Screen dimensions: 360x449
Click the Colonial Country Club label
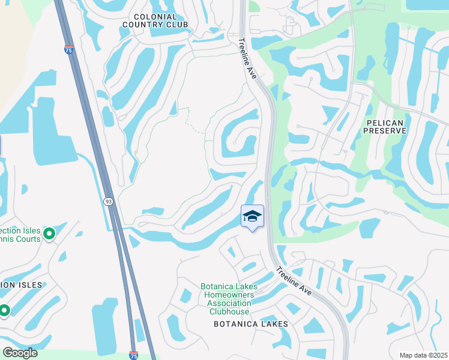tap(155, 20)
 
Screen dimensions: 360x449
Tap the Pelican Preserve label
tap(385, 125)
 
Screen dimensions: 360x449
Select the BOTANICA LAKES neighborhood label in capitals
tap(251, 324)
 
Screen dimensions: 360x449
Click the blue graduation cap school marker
tap(253, 217)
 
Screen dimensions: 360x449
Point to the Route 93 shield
tap(108, 201)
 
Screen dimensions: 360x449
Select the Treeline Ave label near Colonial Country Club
tap(248, 58)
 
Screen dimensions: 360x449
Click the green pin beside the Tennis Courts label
tap(49, 232)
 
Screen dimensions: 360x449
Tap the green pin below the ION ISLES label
tap(5, 310)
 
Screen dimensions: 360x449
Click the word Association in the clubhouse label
tap(229, 303)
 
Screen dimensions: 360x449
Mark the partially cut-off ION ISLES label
tap(20, 285)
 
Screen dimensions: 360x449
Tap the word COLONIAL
tap(155, 16)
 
